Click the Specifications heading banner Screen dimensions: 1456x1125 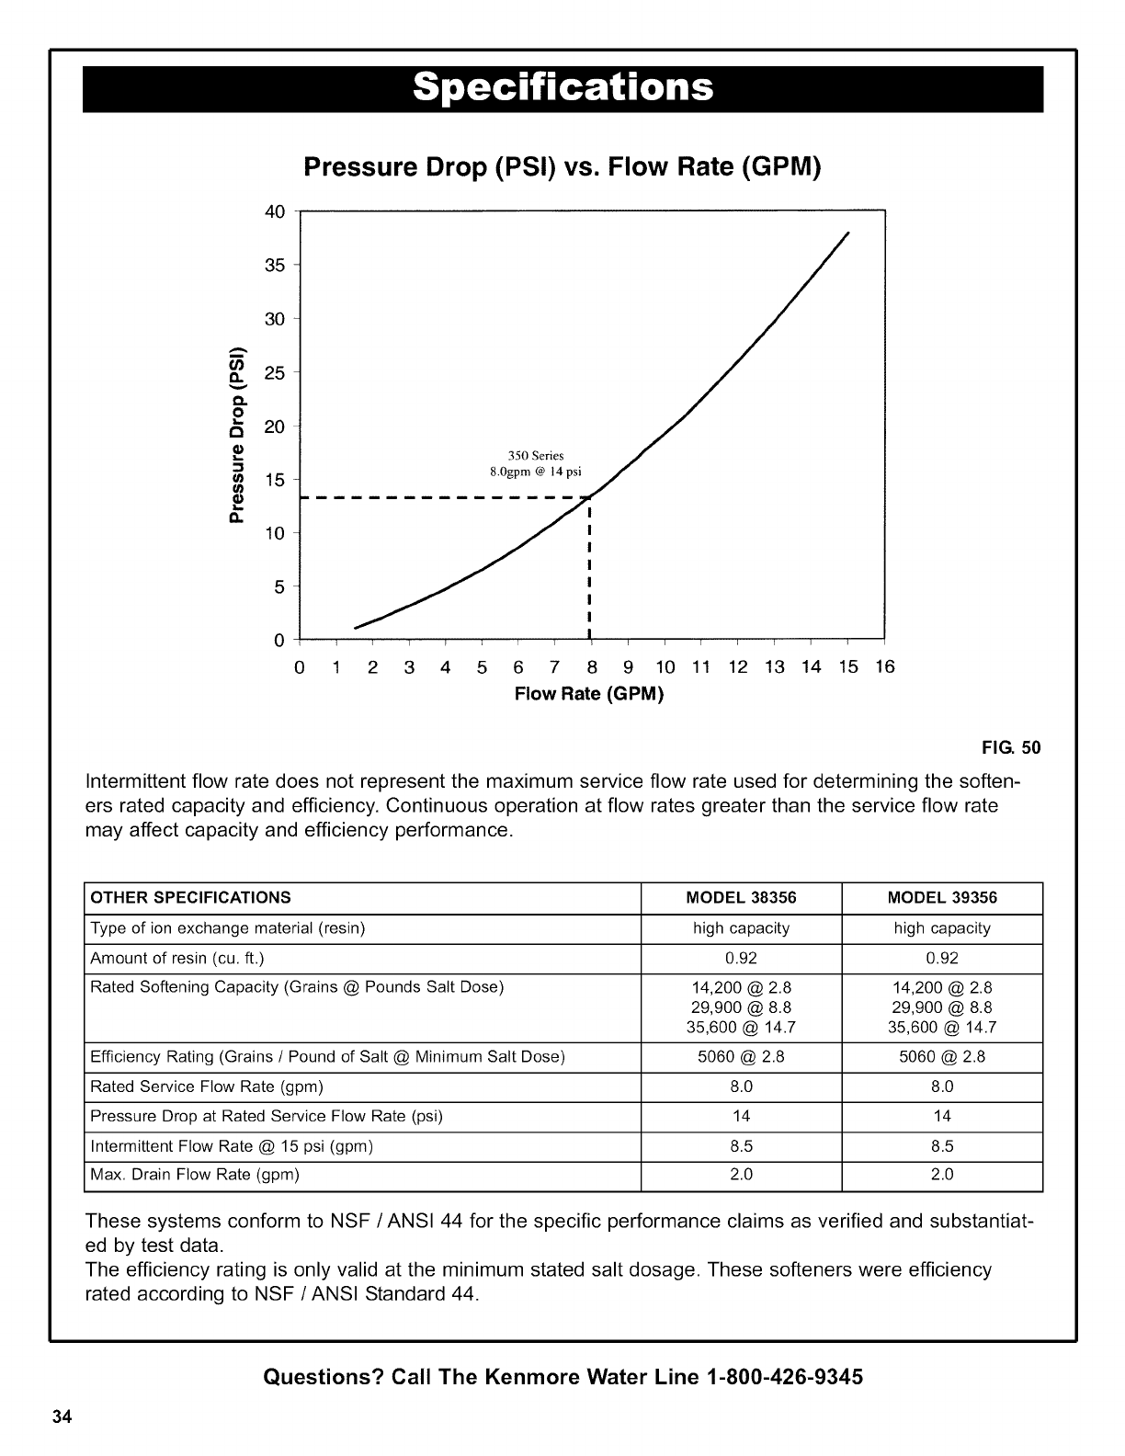coord(562,88)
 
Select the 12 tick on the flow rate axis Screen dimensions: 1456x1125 coord(738,667)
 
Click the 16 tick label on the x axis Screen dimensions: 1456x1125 coord(884,667)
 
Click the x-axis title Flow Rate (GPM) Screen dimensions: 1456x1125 coord(589,693)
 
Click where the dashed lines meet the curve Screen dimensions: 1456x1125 coord(588,497)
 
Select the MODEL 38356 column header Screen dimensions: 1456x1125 coord(741,898)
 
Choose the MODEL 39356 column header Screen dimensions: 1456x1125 coord(942,898)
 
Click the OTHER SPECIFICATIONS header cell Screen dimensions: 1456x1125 coord(190,898)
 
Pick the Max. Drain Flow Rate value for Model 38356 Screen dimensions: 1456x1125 coord(741,1175)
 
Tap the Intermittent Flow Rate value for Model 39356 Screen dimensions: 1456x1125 coord(942,1146)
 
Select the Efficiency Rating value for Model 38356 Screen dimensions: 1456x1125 coord(741,1057)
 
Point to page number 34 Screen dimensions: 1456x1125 coord(62,1416)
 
